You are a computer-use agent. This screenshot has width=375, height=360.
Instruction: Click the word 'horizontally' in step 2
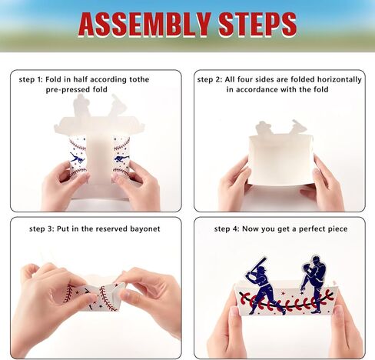click(327, 79)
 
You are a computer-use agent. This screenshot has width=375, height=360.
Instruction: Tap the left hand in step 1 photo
click(63, 187)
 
